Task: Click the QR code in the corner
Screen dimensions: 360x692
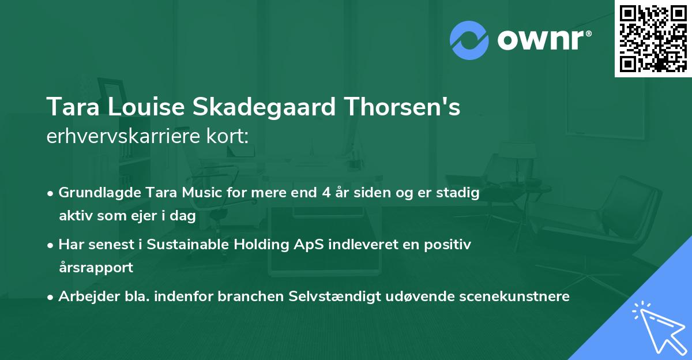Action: (x=653, y=38)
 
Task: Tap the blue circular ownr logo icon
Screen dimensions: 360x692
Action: (x=469, y=40)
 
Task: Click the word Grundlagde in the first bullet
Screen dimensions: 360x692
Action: (x=95, y=193)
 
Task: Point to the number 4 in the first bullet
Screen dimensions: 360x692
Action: (x=326, y=193)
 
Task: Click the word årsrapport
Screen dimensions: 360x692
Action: (x=96, y=268)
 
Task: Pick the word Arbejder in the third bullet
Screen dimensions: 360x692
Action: (x=85, y=297)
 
